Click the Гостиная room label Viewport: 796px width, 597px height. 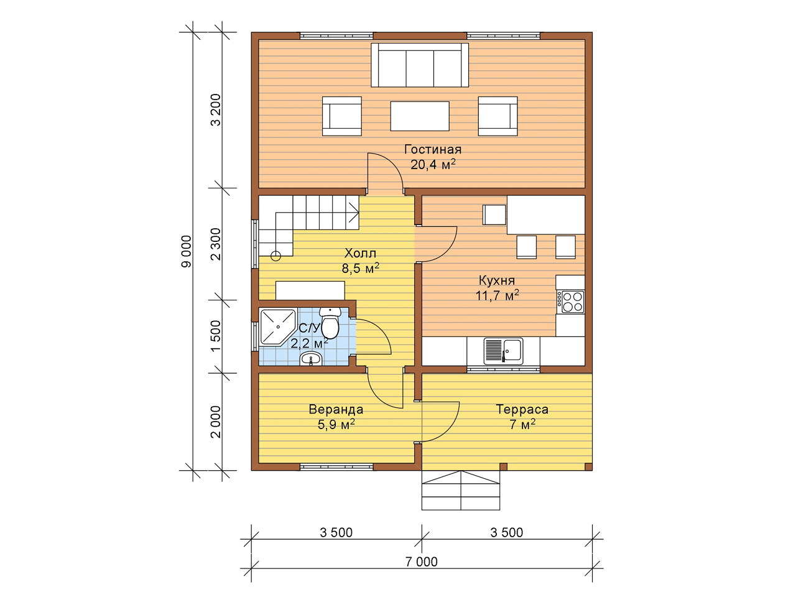pos(433,149)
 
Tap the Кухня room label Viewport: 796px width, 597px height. pos(496,280)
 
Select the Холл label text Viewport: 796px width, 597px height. pos(360,253)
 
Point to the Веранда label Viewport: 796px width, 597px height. pos(336,409)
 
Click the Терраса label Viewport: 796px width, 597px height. pos(522,409)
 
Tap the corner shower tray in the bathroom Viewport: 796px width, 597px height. pos(277,326)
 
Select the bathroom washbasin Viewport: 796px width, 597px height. pos(310,358)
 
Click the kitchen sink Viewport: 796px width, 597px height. pos(503,351)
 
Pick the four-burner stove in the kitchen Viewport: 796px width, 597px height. pos(571,302)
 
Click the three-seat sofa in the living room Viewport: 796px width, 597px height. pos(420,65)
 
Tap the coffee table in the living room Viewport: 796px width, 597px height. pos(420,116)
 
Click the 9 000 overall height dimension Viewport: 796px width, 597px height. pos(186,252)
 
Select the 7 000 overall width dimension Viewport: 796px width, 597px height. pos(422,562)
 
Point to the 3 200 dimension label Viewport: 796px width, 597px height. pos(216,110)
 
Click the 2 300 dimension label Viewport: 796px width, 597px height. pos(216,244)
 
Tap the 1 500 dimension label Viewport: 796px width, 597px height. pos(216,336)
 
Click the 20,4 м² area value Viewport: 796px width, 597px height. pos(433,165)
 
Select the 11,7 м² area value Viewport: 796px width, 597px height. pos(497,295)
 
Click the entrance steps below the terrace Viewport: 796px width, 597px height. pos(461,490)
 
